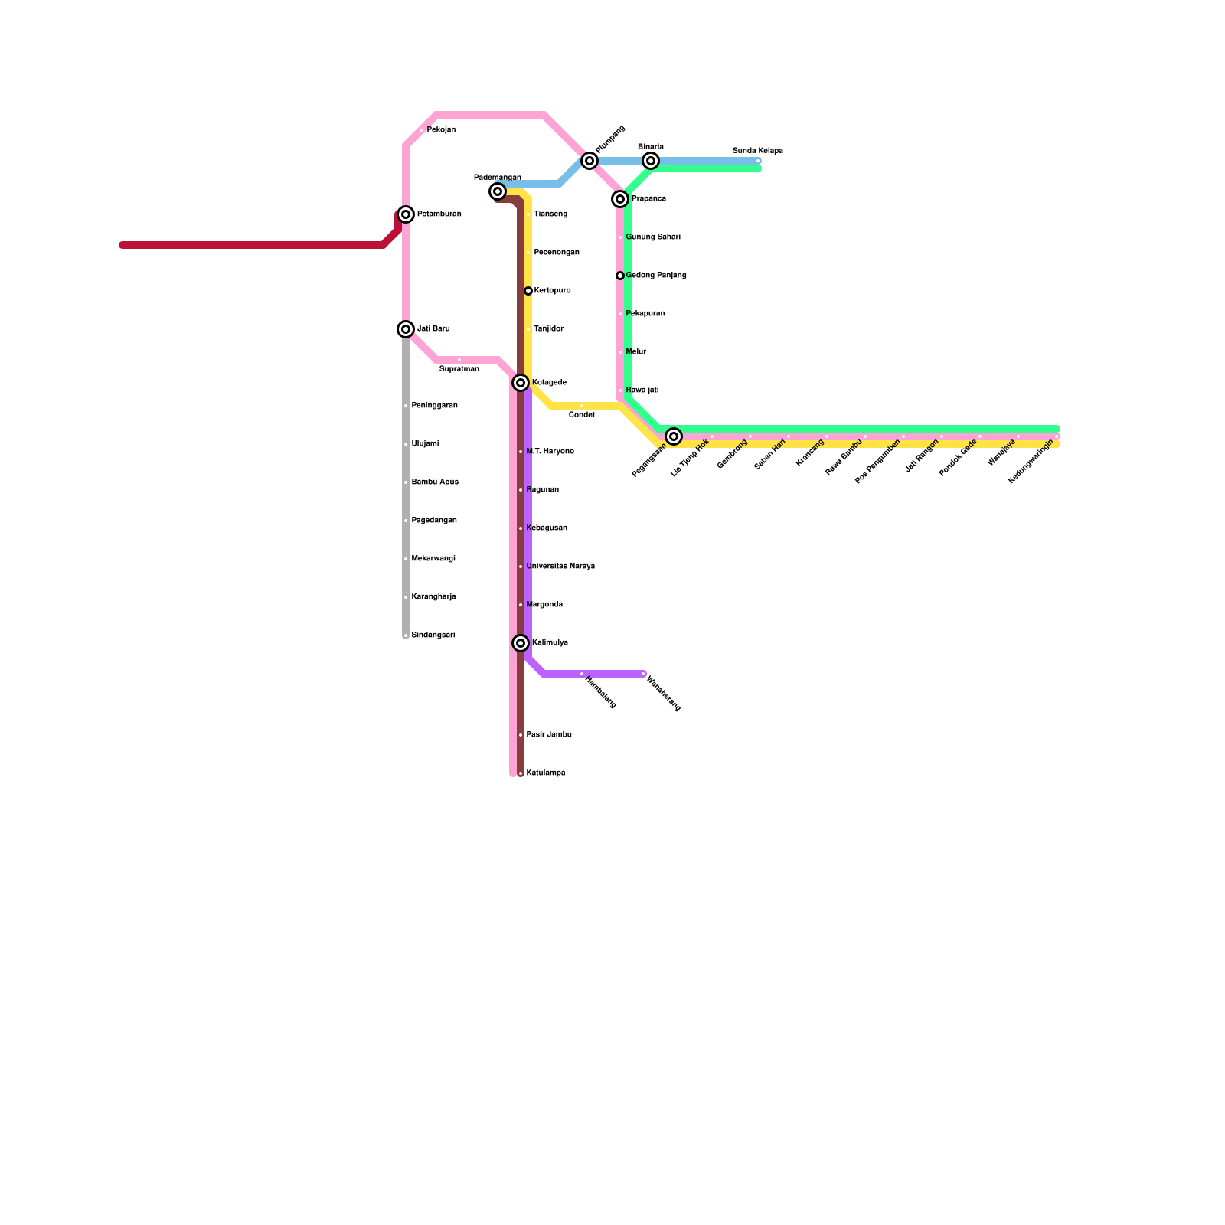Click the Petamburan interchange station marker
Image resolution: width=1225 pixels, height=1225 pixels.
tap(406, 214)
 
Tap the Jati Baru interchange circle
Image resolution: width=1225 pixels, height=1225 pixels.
tap(406, 329)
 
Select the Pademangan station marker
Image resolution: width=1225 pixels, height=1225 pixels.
tap(498, 191)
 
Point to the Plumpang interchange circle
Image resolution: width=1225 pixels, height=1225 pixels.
tap(590, 161)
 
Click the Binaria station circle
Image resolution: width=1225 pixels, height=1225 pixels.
tap(651, 161)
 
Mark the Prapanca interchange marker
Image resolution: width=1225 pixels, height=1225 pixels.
tap(620, 199)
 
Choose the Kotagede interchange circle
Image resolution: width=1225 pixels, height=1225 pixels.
tap(521, 383)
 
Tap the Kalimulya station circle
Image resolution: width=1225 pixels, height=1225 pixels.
tap(521, 643)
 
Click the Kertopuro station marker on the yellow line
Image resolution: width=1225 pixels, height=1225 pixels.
tap(528, 291)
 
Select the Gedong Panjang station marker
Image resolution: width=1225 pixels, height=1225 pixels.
tap(620, 276)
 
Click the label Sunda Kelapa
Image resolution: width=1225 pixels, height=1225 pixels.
tap(757, 151)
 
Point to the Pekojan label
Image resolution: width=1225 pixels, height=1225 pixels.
tap(441, 130)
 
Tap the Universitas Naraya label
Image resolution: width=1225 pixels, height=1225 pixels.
tap(560, 567)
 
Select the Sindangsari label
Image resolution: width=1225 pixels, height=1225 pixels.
tap(433, 635)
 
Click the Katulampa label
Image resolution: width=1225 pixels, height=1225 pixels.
tap(546, 773)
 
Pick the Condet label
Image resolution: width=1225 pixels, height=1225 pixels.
tap(582, 415)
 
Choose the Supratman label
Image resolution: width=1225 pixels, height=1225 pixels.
tap(459, 369)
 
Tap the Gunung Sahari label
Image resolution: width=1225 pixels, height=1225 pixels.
tap(653, 237)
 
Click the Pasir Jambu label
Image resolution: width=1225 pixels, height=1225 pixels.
tap(549, 735)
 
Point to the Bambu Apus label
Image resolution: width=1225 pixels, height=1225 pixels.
tap(435, 482)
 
